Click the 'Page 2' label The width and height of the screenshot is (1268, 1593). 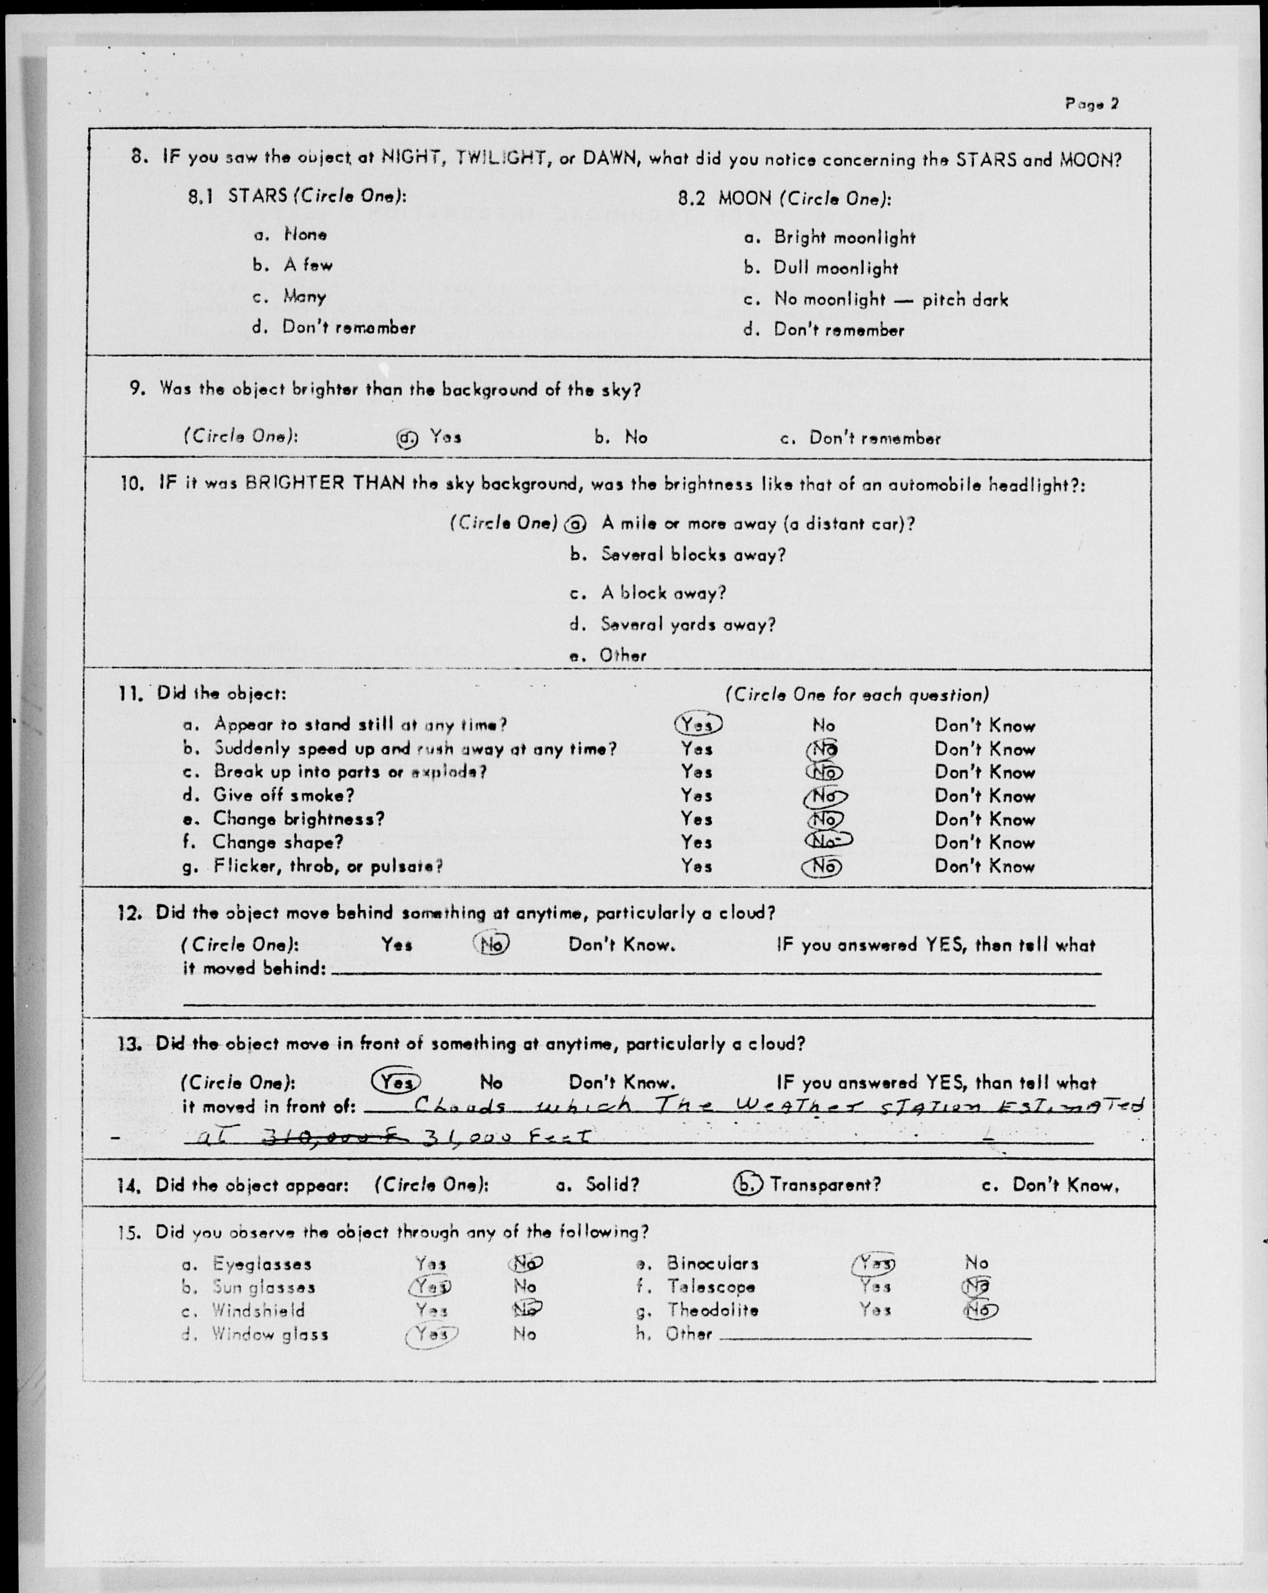(x=1091, y=103)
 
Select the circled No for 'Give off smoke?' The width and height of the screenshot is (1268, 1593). (x=824, y=796)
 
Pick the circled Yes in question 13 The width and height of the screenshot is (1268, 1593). (x=396, y=1083)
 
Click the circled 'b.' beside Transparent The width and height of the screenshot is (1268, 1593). (x=747, y=1185)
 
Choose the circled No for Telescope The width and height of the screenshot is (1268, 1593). (x=975, y=1286)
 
